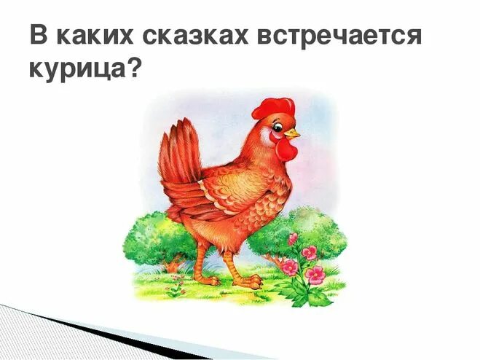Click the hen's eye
280,128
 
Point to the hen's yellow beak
293,134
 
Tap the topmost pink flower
292,239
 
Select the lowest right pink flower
315,275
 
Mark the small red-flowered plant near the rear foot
174,287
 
